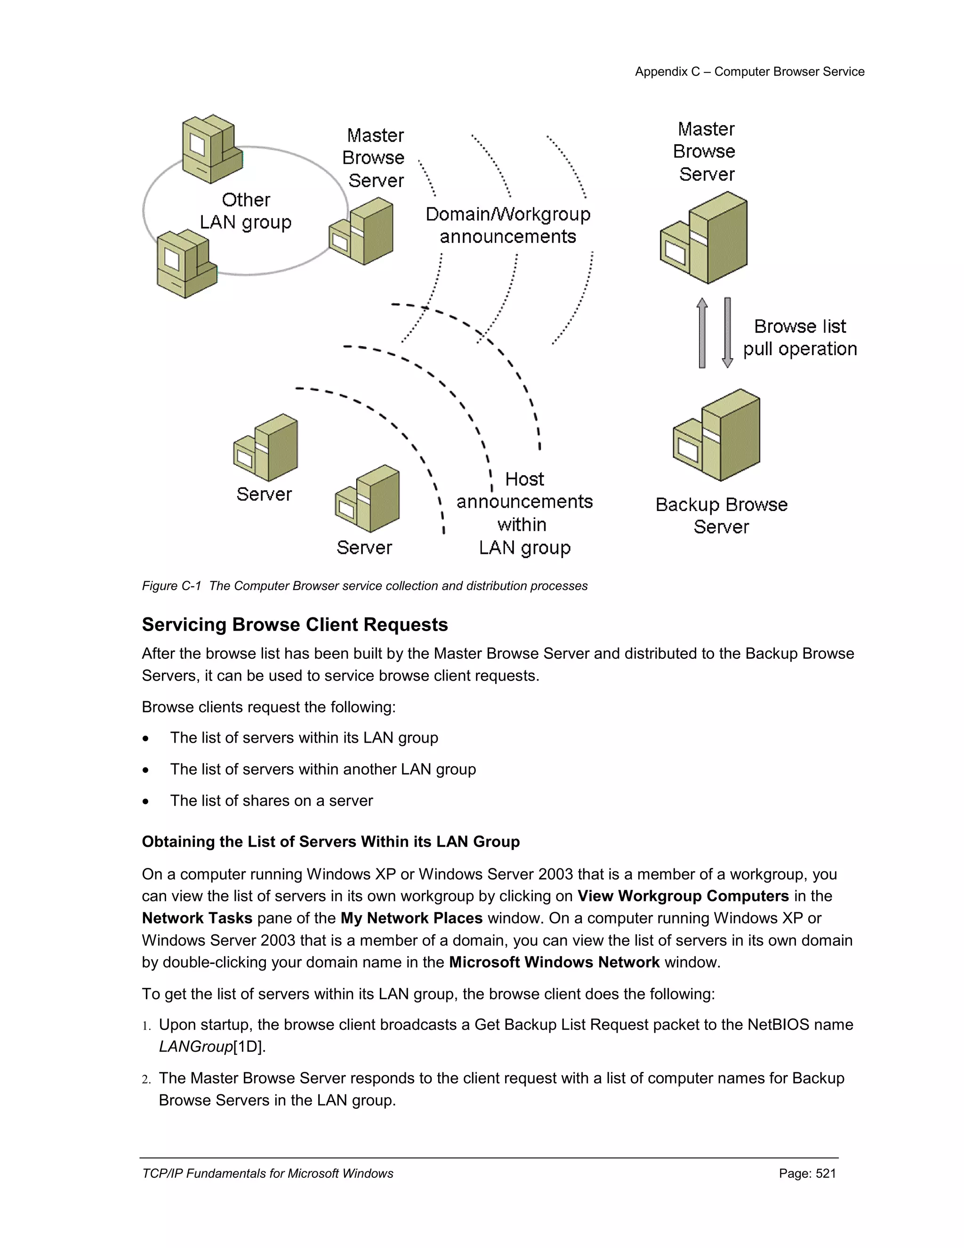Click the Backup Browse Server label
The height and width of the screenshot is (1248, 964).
tap(721, 515)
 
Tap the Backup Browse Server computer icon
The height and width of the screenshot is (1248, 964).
tap(717, 436)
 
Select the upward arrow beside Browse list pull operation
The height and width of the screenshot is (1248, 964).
tap(702, 333)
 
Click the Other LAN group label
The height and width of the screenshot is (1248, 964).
tap(246, 211)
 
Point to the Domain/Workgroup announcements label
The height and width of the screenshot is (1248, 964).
tap(508, 225)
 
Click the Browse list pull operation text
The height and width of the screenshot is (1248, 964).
tap(800, 337)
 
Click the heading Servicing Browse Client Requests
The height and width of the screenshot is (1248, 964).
tap(295, 624)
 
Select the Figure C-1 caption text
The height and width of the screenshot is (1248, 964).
tap(364, 586)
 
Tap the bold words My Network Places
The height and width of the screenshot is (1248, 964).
tap(411, 918)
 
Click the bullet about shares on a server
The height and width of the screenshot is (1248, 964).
tap(271, 801)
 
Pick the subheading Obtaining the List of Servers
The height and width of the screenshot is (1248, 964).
tap(330, 842)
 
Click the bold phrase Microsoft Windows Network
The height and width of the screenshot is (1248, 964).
tap(554, 962)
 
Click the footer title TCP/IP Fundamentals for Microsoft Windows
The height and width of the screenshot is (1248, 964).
tap(267, 1173)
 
